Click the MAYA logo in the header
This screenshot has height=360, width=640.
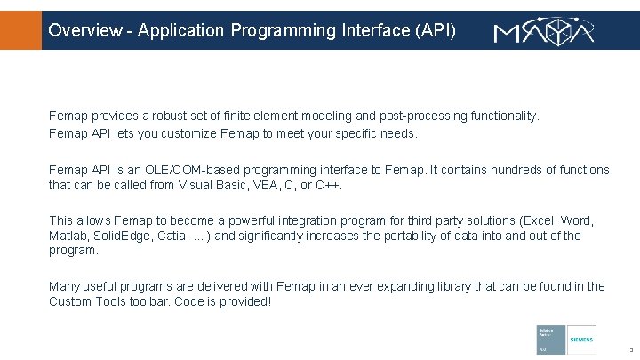tap(543, 32)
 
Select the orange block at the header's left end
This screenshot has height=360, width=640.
tap(20, 30)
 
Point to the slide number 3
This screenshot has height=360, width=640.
tap(628, 350)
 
